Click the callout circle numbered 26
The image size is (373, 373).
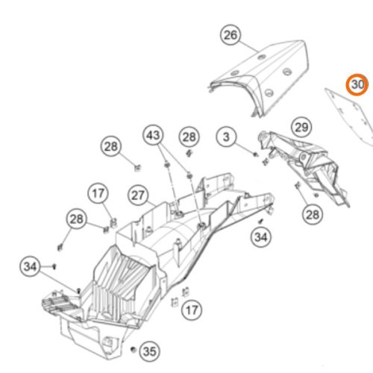(x=231, y=35)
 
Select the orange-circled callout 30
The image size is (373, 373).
(x=357, y=84)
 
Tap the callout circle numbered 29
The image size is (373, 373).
(x=301, y=128)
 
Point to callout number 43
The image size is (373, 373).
(x=153, y=135)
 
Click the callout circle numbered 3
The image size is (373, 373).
(x=226, y=137)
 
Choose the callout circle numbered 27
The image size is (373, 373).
(x=138, y=195)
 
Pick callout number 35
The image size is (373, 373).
(x=149, y=351)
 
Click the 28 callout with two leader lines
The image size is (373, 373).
(x=76, y=219)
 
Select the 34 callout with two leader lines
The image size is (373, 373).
(x=30, y=266)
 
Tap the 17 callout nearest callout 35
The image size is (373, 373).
(x=192, y=310)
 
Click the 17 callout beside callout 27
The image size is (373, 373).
(x=98, y=193)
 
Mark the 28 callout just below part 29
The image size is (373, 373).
(x=313, y=214)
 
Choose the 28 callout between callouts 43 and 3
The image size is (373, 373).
(x=189, y=137)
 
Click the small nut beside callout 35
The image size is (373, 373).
(x=134, y=349)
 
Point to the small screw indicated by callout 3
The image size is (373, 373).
(x=255, y=154)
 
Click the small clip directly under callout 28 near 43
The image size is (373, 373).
(x=189, y=153)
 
